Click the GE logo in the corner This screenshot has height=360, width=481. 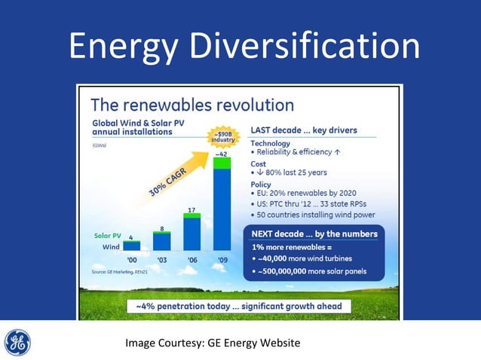(18, 343)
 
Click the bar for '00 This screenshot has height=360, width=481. (132, 246)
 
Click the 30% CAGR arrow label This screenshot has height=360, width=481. (167, 182)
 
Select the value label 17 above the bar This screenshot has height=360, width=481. (193, 209)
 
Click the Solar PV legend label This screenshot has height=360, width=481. (107, 236)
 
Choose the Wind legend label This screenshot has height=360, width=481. (111, 247)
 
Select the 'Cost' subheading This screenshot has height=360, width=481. (258, 163)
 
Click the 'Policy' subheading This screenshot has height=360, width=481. (261, 185)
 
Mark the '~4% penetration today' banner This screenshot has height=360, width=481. (238, 307)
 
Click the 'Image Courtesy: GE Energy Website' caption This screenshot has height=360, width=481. (213, 343)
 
